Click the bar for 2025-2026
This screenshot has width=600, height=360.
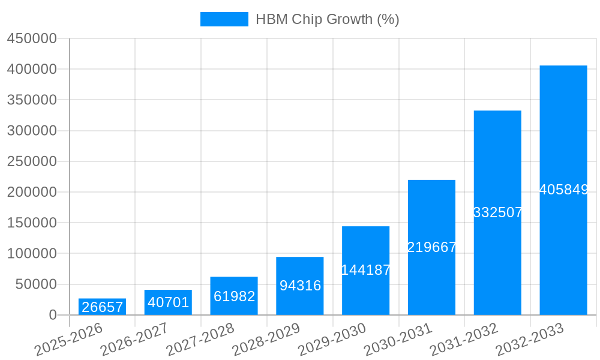pyautogui.click(x=102, y=307)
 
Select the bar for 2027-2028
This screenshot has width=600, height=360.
pyautogui.click(x=234, y=296)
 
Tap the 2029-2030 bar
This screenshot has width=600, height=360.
pyautogui.click(x=365, y=270)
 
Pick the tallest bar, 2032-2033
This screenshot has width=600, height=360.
pyautogui.click(x=563, y=190)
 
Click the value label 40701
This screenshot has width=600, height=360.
pyautogui.click(x=168, y=302)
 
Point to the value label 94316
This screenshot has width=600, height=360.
pyautogui.click(x=300, y=286)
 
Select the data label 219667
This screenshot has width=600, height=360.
pyautogui.click(x=432, y=247)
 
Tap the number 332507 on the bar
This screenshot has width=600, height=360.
pyautogui.click(x=497, y=212)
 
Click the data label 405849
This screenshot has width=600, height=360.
pyautogui.click(x=563, y=190)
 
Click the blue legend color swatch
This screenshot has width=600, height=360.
pyautogui.click(x=224, y=19)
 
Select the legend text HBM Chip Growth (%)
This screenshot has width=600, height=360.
pyautogui.click(x=327, y=19)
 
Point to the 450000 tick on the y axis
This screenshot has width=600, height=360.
pyautogui.click(x=32, y=38)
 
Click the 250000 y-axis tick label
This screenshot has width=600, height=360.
pyautogui.click(x=32, y=161)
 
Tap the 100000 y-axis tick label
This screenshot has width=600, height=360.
pyautogui.click(x=32, y=253)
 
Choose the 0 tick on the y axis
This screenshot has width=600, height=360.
pyautogui.click(x=53, y=315)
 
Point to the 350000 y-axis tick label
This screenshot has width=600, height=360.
pyautogui.click(x=32, y=100)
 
